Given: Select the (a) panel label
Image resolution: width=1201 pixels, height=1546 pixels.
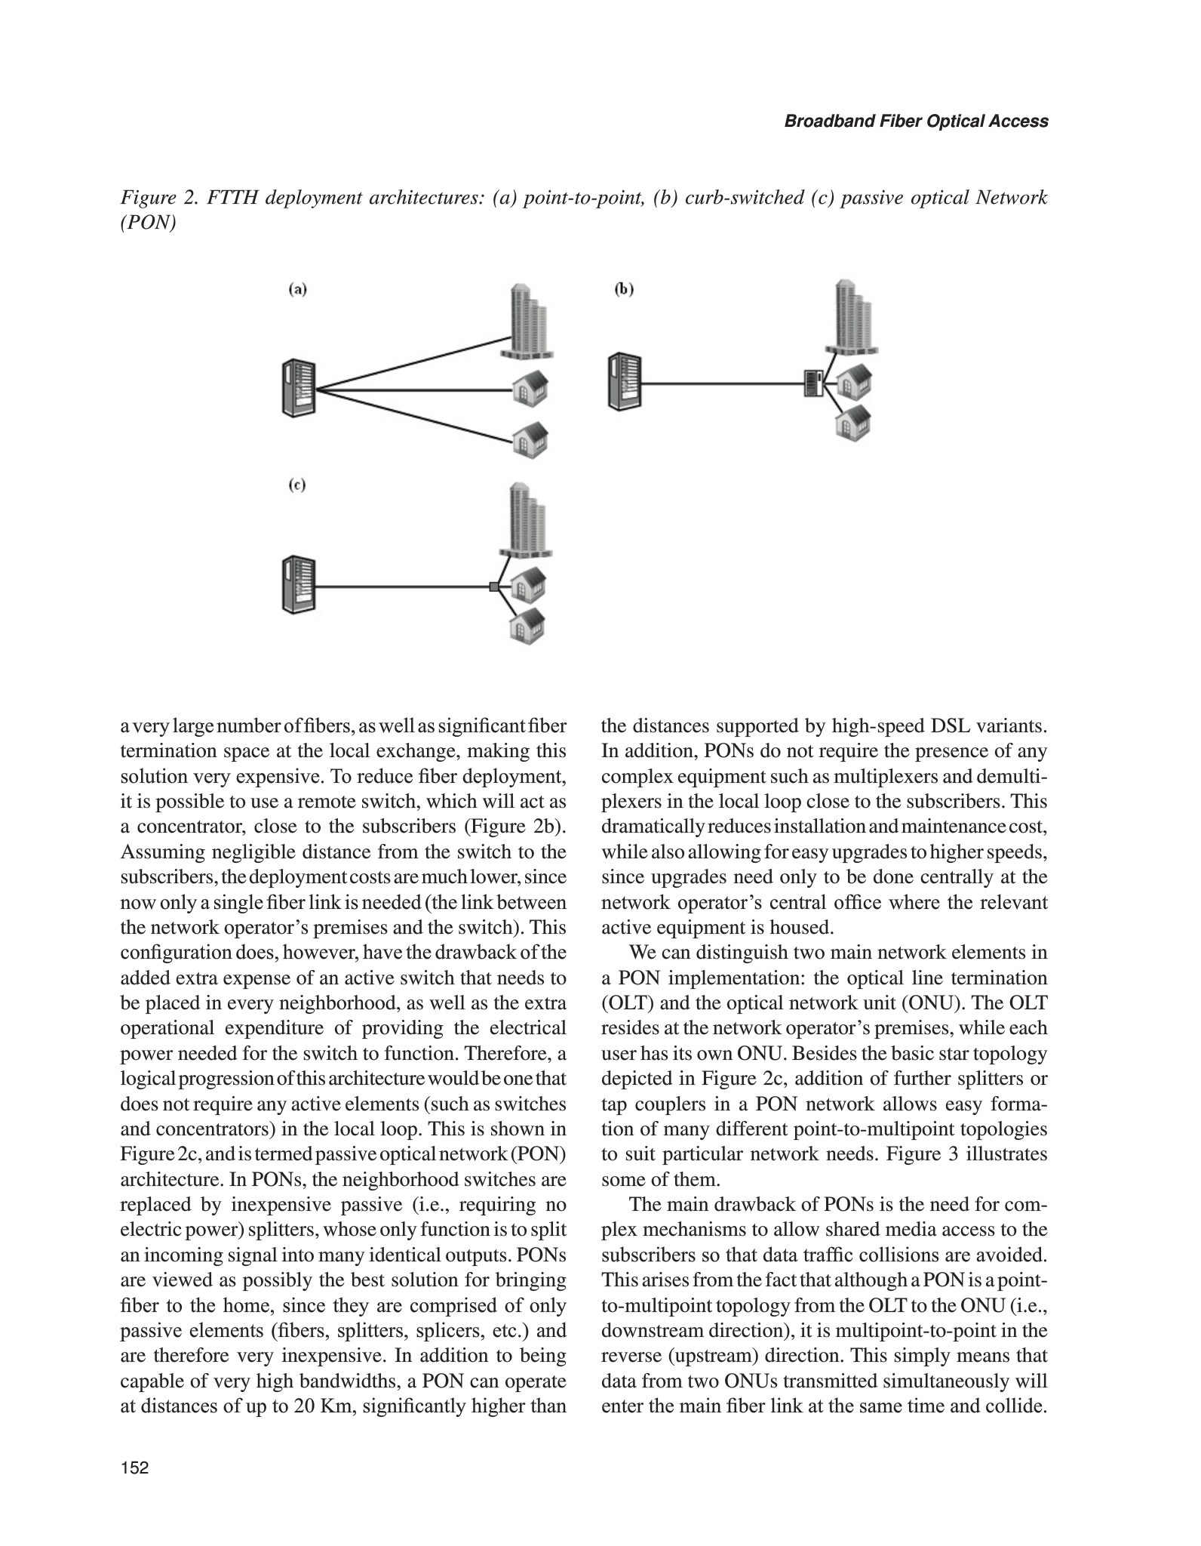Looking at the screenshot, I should click(299, 289).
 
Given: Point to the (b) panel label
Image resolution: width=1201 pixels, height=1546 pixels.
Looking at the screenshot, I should click(624, 289).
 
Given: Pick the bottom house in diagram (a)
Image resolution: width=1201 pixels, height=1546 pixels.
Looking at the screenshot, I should click(530, 439).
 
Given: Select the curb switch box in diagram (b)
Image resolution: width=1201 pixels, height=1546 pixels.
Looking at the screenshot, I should click(812, 384).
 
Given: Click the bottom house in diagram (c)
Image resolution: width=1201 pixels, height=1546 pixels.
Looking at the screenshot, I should click(527, 624).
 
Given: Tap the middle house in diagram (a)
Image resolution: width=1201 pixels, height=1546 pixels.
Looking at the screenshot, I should click(530, 390).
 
